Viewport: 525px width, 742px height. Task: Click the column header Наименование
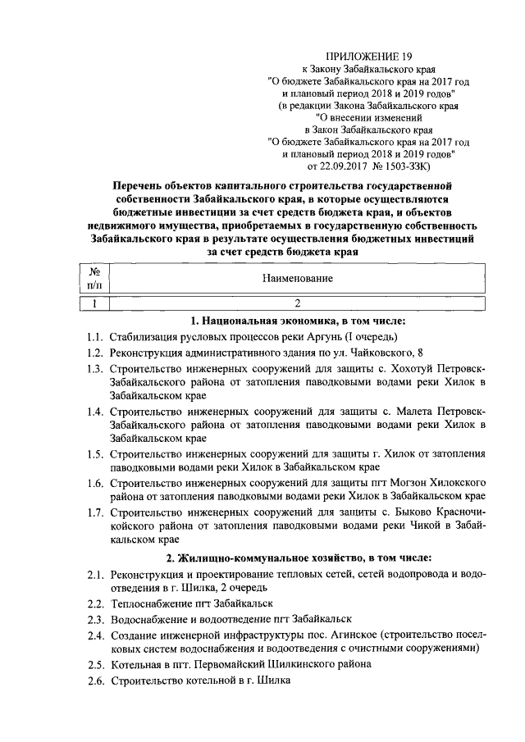coord(297,279)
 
